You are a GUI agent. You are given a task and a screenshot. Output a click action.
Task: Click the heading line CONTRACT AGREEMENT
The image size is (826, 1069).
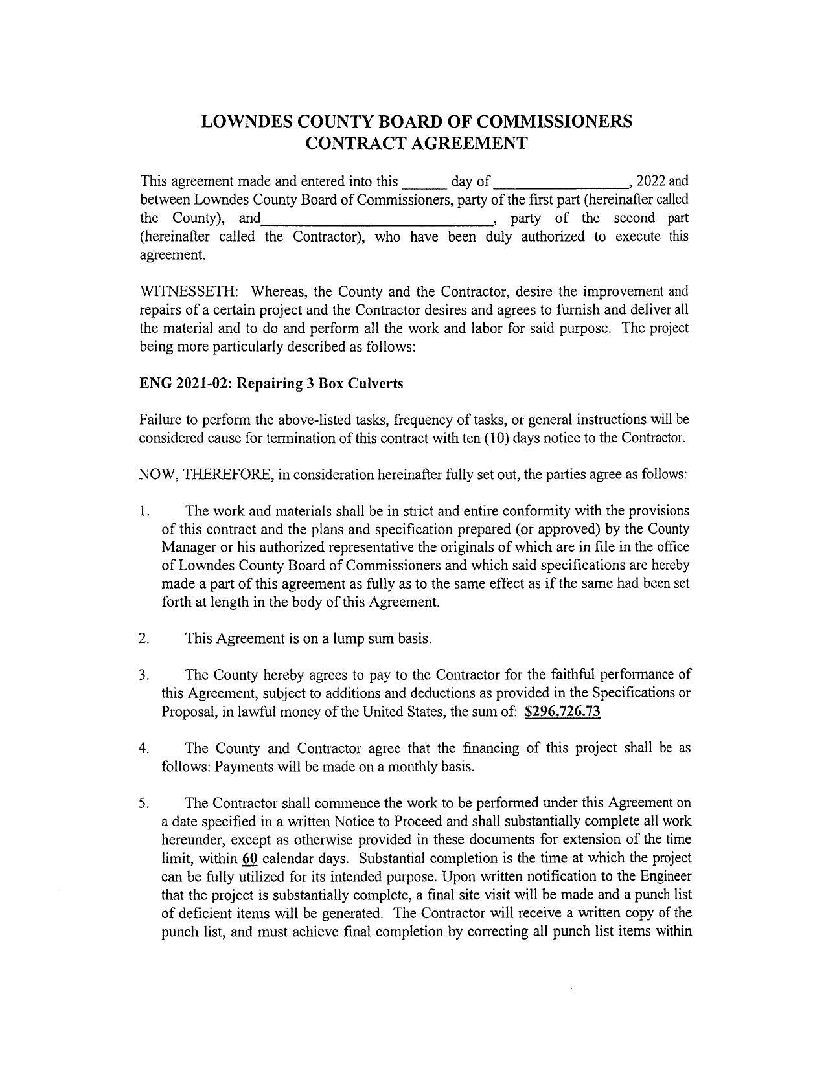416,143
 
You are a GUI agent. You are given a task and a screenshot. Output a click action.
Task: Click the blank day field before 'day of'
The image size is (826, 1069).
424,182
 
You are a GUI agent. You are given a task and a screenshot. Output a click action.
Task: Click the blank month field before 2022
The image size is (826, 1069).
562,182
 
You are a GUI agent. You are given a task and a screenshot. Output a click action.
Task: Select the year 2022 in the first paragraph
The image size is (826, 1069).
652,181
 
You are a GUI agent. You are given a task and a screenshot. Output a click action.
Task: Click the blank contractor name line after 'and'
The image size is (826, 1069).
376,219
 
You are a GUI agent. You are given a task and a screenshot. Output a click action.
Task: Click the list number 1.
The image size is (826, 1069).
143,511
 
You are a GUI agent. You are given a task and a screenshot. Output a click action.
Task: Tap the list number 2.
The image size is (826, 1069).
143,638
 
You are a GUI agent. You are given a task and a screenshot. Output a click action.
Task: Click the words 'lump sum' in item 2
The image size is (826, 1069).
362,638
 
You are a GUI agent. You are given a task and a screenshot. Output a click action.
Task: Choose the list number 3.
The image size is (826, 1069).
143,675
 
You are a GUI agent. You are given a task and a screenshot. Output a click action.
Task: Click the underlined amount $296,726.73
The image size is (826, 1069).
562,712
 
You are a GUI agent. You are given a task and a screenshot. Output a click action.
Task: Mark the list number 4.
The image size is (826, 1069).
143,748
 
